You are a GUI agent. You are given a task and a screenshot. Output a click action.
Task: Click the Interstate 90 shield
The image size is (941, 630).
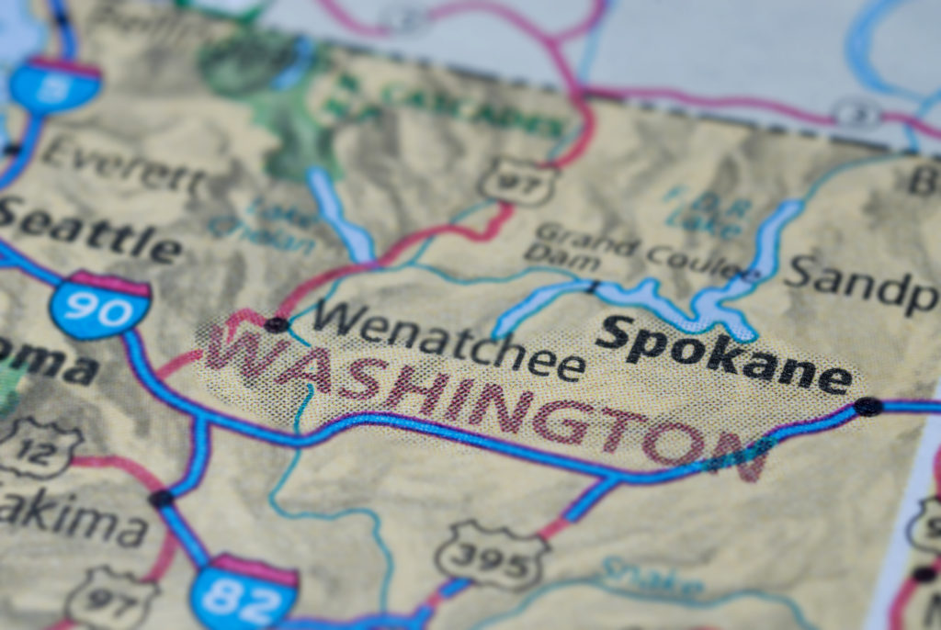coord(100,305)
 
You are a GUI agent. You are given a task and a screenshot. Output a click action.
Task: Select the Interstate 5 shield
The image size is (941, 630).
coord(55,84)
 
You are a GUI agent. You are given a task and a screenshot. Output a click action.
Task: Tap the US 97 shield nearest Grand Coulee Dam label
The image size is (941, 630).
coord(518,181)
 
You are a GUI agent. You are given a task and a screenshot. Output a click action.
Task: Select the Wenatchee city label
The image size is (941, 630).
coord(449,340)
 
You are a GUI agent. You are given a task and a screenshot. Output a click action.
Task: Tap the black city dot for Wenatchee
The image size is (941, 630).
coord(276,324)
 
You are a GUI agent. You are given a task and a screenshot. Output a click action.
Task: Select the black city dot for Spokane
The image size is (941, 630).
coord(867,406)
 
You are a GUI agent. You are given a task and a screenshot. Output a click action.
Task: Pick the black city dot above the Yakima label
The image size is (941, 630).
coord(162,499)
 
